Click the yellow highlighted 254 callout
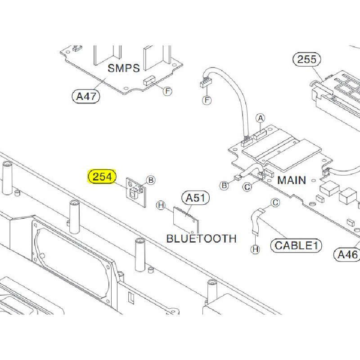103,177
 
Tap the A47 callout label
85,96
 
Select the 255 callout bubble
307,59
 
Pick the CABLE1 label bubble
296,245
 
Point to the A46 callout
347,255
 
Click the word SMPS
124,68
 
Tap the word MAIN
292,180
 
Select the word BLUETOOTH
201,238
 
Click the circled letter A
260,118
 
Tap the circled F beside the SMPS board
167,91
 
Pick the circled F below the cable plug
207,100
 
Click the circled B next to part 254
151,180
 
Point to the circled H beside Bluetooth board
161,206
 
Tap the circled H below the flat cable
256,249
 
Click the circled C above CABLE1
275,203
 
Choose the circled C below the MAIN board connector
247,187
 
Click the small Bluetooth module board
186,220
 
